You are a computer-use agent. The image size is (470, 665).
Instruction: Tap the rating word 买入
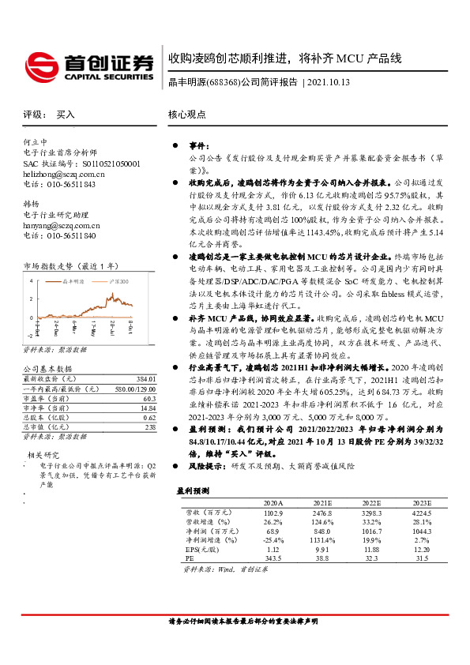(x=66, y=115)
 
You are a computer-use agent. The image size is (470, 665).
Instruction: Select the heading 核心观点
(x=187, y=115)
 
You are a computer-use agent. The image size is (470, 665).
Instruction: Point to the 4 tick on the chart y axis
(x=32, y=281)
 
